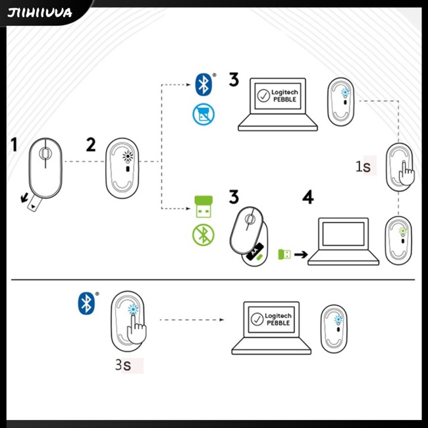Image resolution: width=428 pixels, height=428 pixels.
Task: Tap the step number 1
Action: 14,144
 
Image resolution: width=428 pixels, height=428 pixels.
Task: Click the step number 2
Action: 91,144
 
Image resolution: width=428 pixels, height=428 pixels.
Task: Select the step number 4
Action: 308,197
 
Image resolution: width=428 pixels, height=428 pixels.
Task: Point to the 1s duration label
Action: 363,167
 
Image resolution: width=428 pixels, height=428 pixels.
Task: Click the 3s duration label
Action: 124,365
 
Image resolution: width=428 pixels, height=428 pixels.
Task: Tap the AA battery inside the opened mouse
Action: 253,252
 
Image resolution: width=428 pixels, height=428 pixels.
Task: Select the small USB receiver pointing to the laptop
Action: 285,254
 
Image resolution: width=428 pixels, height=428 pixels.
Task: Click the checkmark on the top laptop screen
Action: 264,96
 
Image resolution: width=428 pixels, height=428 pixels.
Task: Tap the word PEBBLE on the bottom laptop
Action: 277,323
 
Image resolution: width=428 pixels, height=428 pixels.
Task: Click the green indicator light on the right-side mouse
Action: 403,230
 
